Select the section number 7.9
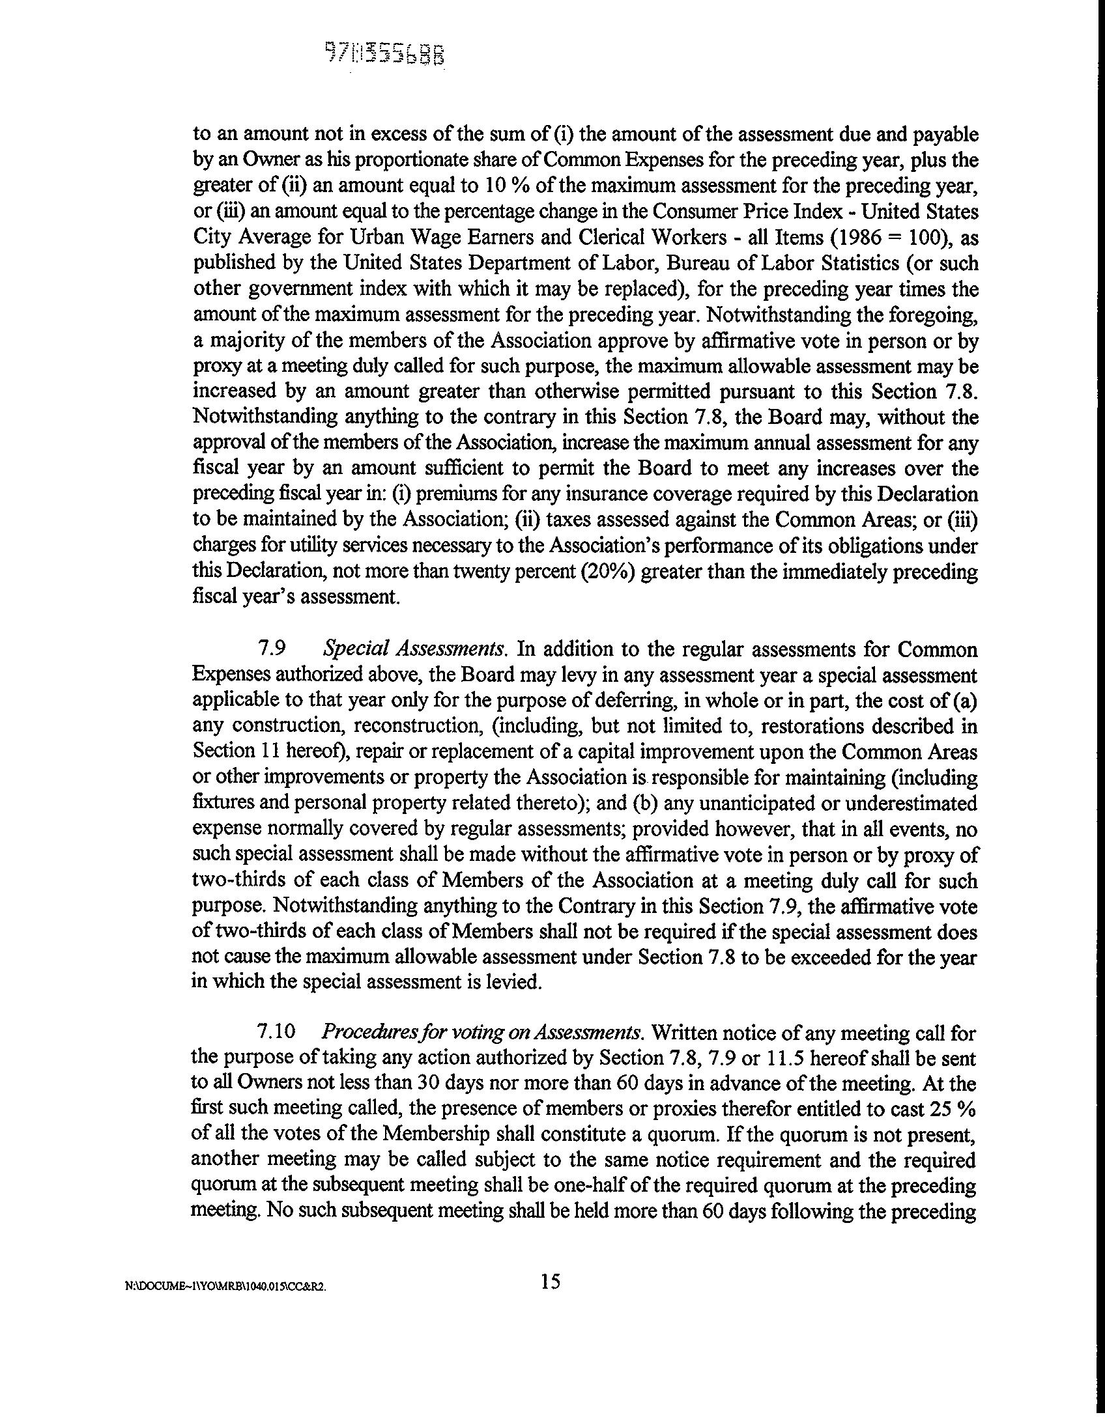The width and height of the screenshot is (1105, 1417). (x=272, y=649)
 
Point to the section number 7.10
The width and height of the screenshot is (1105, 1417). (x=277, y=1033)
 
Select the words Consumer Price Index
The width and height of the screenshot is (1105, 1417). (x=747, y=212)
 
